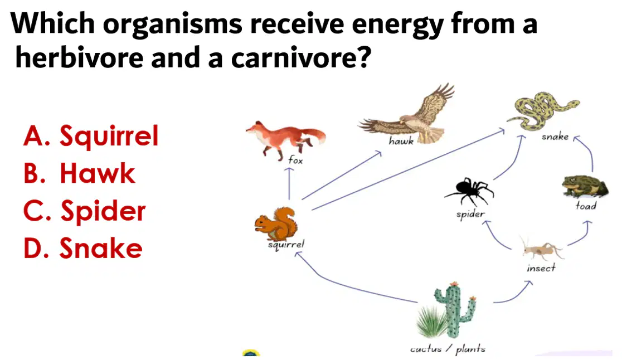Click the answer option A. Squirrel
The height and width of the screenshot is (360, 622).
(x=91, y=135)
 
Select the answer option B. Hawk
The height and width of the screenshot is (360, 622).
(x=79, y=173)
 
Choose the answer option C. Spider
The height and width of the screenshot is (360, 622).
(x=84, y=211)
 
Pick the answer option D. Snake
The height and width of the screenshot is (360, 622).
(x=82, y=248)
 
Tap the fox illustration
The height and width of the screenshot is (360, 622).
(x=285, y=138)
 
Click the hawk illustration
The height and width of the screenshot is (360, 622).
(x=409, y=115)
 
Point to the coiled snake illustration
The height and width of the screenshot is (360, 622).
(x=543, y=111)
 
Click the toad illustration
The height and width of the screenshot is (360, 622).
(x=585, y=186)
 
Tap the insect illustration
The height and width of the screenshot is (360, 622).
(x=542, y=249)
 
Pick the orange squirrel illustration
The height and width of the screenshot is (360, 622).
(x=276, y=223)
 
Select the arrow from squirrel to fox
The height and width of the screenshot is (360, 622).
(x=289, y=183)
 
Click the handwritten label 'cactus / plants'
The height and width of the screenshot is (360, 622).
(x=448, y=349)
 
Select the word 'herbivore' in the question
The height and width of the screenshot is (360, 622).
(x=79, y=57)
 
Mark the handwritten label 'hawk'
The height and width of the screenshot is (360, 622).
(x=401, y=141)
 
